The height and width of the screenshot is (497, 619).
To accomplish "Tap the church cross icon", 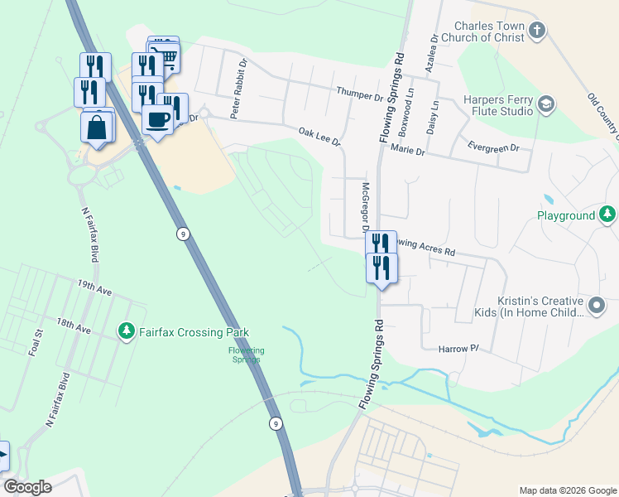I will tap(537, 32).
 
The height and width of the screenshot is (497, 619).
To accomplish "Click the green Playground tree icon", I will tap(607, 215).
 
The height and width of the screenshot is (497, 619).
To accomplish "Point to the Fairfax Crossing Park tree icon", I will tap(127, 332).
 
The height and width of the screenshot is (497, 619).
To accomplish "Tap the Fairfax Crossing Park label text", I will tap(194, 332).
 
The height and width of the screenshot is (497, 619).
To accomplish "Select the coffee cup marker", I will tap(157, 119).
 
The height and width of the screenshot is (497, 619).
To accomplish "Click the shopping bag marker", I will tap(97, 128).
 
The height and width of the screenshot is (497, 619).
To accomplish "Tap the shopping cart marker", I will tap(166, 55).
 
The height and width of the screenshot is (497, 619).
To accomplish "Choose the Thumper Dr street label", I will tap(360, 94).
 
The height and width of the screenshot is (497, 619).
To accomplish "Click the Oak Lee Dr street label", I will tap(320, 137).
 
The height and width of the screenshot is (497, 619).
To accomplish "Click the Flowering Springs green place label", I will tap(246, 355).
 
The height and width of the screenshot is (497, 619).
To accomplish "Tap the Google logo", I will tap(27, 487).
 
